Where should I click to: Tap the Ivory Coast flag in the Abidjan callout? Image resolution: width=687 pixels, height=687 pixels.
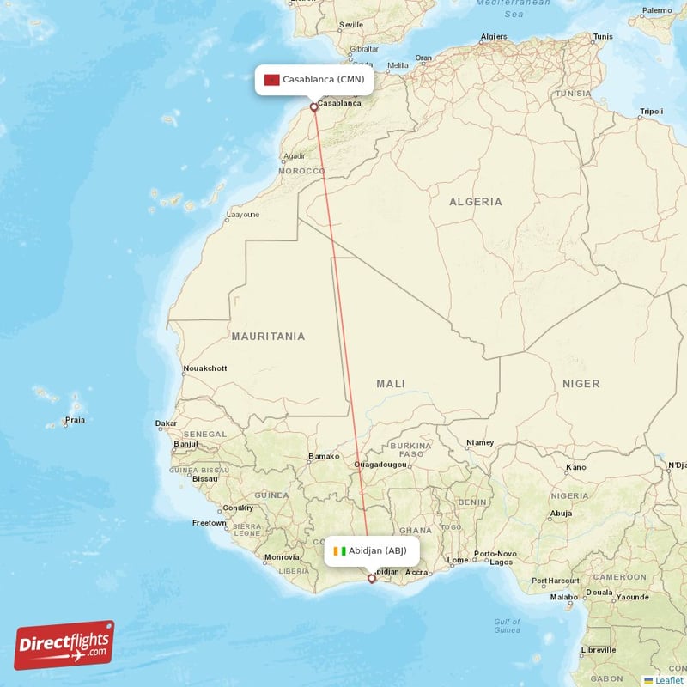[x=340, y=551]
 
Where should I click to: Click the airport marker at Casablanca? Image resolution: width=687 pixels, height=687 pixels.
[x=314, y=107]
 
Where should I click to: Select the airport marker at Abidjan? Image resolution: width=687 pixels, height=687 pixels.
[x=372, y=579]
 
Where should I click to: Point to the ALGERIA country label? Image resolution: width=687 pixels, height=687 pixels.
[x=476, y=202]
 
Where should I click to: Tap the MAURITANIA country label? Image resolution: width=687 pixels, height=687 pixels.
[x=268, y=337]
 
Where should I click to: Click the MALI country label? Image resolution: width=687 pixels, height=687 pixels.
[x=391, y=384]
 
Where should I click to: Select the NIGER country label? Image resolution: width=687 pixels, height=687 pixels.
[x=581, y=384]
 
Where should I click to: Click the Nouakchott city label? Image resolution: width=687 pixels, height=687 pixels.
[x=205, y=368]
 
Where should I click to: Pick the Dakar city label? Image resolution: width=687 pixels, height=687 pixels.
[x=166, y=423]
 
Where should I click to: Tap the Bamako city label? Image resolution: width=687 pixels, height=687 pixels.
[x=324, y=457]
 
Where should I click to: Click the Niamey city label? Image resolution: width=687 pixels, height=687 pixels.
[x=480, y=443]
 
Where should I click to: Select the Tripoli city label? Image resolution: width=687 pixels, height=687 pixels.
[x=651, y=112]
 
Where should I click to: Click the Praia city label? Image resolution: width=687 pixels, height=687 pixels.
[x=75, y=421]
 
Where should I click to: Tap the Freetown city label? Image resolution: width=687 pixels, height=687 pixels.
[x=210, y=523]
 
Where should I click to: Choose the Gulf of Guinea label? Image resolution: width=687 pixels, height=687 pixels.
[x=507, y=625]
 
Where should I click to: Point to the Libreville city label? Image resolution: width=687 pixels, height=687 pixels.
[x=599, y=650]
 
